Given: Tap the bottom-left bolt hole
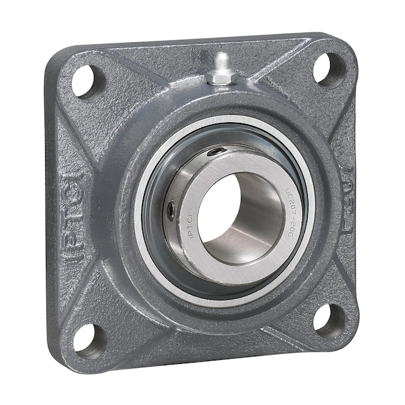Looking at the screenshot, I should click(x=89, y=338).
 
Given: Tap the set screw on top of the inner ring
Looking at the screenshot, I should click(x=217, y=153).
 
